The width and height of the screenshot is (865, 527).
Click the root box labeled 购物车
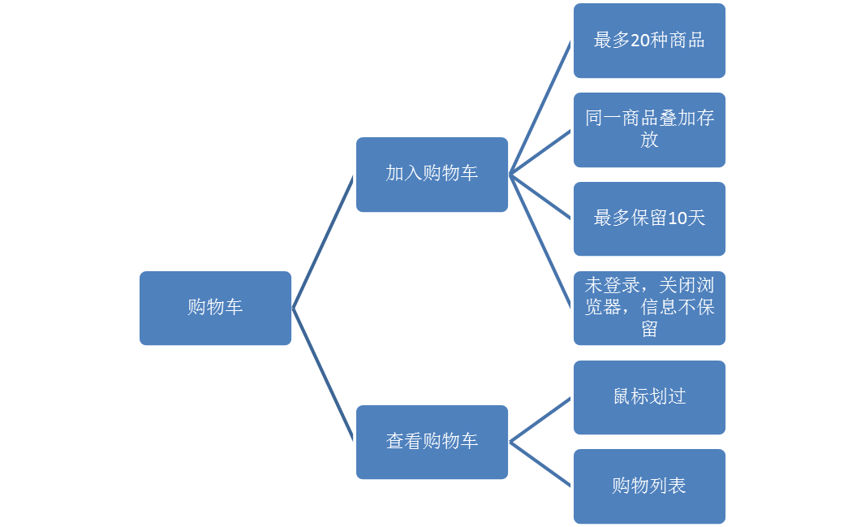(x=215, y=308)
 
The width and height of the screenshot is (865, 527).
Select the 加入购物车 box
(x=432, y=174)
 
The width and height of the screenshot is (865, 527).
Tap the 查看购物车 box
(x=432, y=442)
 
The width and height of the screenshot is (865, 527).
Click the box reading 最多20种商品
(x=649, y=41)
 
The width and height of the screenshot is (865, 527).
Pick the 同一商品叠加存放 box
(x=649, y=129)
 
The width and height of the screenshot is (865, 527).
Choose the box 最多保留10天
(x=649, y=218)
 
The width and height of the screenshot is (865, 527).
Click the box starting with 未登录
(x=649, y=308)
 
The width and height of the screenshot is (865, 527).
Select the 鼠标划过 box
(x=649, y=397)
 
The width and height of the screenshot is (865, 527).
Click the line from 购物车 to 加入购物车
(x=323, y=241)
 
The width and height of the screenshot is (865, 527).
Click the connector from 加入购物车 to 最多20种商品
(x=540, y=107)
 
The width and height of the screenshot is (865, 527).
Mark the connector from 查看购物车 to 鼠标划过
(x=540, y=420)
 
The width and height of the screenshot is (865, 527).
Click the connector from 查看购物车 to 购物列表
(x=540, y=464)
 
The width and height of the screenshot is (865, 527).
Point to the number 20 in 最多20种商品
(x=639, y=41)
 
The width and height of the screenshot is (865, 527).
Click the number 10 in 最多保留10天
(x=677, y=218)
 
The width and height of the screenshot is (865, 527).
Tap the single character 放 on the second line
(x=649, y=140)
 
